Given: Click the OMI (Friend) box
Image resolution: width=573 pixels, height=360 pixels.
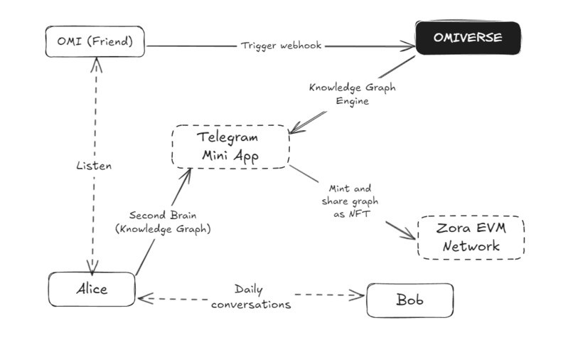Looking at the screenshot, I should click(95, 41).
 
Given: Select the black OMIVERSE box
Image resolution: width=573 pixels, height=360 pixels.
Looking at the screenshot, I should click(468, 38).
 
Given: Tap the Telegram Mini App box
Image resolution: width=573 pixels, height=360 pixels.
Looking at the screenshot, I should click(230, 146).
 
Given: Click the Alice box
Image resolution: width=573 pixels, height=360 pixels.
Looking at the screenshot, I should click(92, 289).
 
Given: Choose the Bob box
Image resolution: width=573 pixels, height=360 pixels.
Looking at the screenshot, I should click(409, 300).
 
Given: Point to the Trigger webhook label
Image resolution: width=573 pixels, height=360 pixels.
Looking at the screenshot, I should click(281, 46).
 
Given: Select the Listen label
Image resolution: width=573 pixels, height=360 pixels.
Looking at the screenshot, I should click(94, 165).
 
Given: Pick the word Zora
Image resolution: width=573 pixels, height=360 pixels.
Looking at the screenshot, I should click(448, 229).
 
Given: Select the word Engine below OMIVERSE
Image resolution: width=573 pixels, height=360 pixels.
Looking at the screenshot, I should click(352, 101).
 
